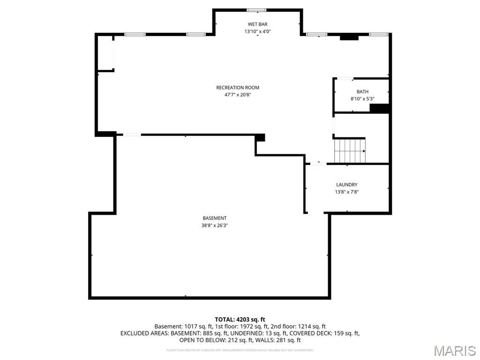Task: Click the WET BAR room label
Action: [257, 24]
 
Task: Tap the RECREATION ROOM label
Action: [238, 88]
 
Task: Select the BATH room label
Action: [362, 92]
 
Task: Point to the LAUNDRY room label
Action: [346, 185]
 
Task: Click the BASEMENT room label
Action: [215, 218]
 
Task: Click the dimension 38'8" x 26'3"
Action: [215, 225]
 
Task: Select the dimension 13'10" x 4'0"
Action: [257, 31]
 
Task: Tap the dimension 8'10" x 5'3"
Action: [362, 99]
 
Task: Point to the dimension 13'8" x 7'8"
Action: [347, 192]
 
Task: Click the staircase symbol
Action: [349, 150]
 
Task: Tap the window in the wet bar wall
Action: [256, 10]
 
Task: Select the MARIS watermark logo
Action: [454, 350]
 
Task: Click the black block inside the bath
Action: [380, 108]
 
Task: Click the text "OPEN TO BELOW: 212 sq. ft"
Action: [217, 340]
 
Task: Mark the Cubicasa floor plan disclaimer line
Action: [240, 350]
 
